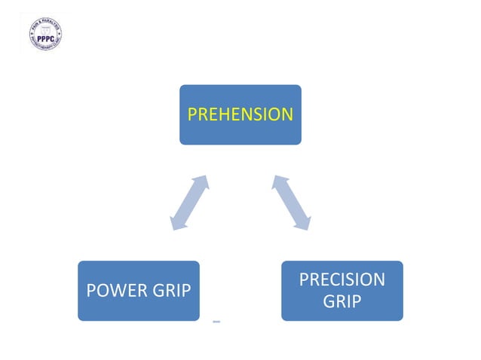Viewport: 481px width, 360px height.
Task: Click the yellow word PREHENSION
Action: tap(240, 114)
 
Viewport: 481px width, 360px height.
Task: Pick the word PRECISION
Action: tap(342, 280)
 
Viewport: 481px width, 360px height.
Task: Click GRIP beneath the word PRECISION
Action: tap(342, 302)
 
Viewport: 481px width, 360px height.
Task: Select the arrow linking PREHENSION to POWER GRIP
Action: tap(189, 203)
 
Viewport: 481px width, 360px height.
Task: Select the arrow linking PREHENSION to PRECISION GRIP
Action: tap(292, 203)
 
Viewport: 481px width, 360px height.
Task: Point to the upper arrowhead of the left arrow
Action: tap(201, 182)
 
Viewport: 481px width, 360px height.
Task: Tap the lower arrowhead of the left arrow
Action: tap(177, 223)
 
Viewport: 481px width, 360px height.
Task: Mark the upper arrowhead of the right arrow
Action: tap(280, 182)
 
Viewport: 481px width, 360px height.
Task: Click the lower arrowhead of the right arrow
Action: tap(304, 223)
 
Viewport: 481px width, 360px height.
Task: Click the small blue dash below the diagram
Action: tap(216, 322)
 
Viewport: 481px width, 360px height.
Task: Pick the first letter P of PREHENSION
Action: tap(191, 114)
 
